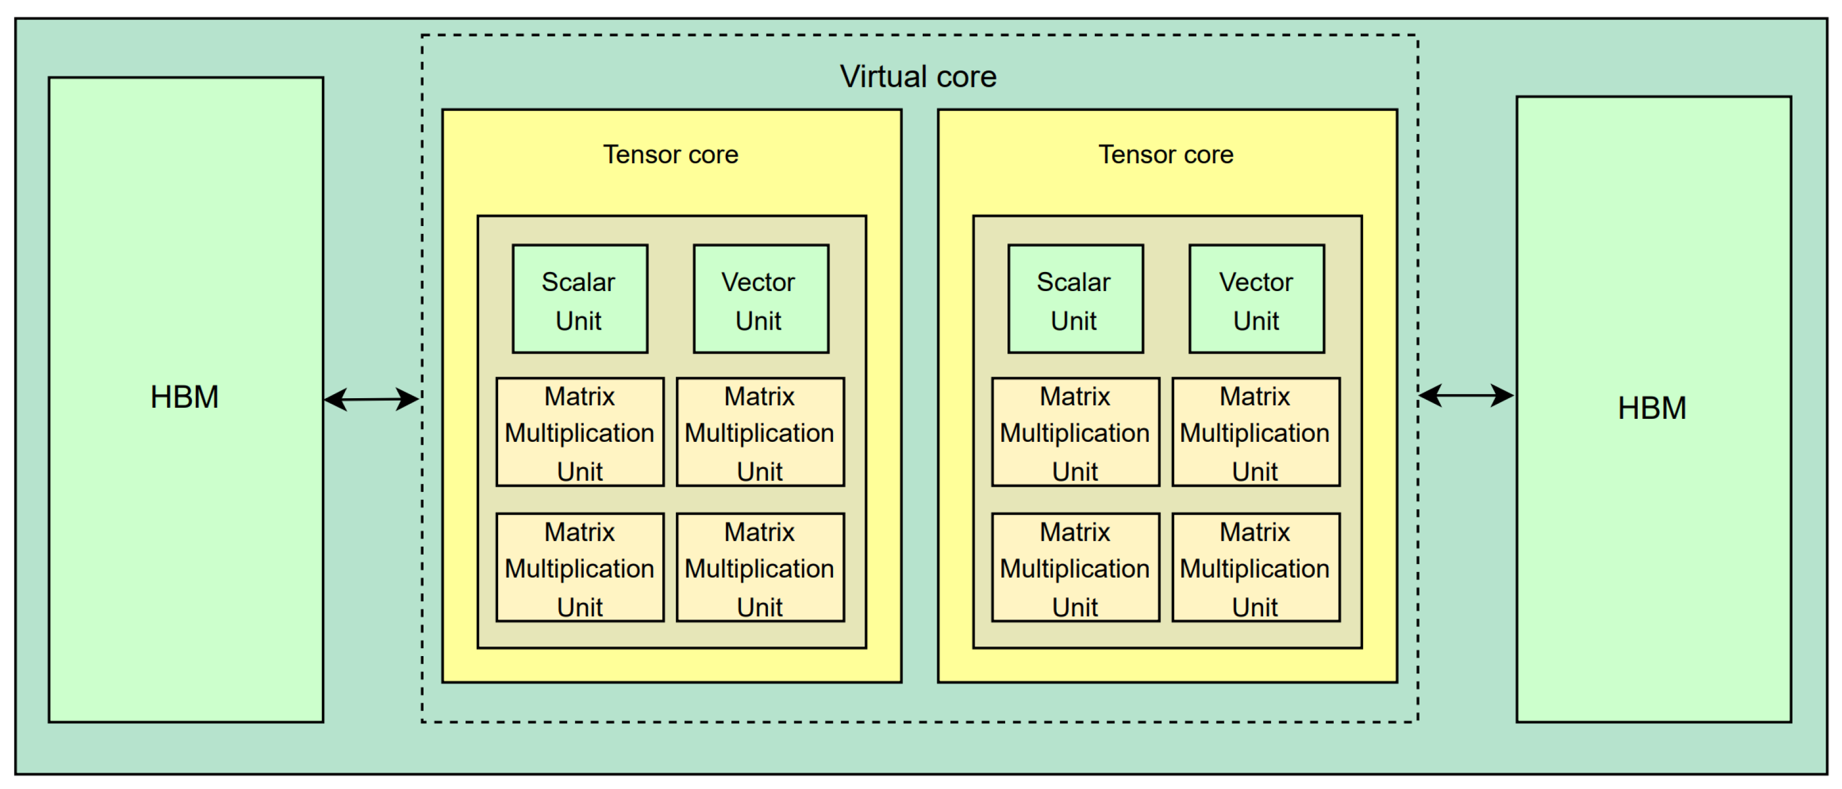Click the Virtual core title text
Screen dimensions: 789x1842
pos(918,76)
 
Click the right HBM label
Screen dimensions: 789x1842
pos(1652,408)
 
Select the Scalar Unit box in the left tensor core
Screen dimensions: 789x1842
pos(579,299)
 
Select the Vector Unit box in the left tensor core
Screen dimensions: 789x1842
pos(760,299)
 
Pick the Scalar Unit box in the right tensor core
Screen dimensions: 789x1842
pos(1075,299)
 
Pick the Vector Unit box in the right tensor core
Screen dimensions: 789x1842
pos(1256,299)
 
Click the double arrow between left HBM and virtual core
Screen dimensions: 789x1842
pos(371,399)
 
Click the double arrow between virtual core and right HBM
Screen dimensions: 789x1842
pos(1466,395)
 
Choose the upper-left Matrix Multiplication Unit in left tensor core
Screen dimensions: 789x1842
pos(579,432)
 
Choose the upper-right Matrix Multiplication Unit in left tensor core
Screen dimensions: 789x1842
pos(760,432)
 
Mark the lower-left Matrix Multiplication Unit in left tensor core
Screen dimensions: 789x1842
pos(579,567)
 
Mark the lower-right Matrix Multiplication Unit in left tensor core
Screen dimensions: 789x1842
pos(760,567)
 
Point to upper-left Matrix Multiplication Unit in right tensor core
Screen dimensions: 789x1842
pos(1075,432)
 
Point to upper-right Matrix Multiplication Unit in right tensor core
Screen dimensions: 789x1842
pos(1256,432)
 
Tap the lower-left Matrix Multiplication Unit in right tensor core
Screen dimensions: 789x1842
pos(1075,567)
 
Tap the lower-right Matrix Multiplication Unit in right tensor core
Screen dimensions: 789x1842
pos(1256,567)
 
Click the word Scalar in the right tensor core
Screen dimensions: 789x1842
pos(1074,282)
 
